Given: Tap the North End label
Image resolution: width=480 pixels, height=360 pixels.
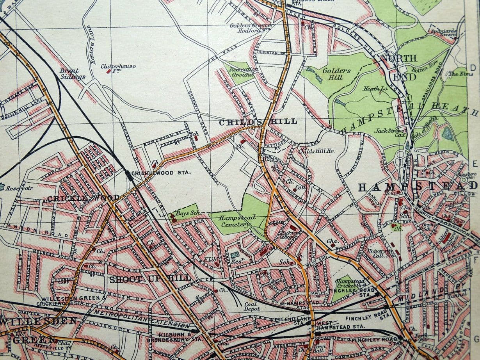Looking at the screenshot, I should pos(398,67).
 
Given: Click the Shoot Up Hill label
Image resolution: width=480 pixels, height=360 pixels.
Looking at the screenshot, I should pos(150,279).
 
